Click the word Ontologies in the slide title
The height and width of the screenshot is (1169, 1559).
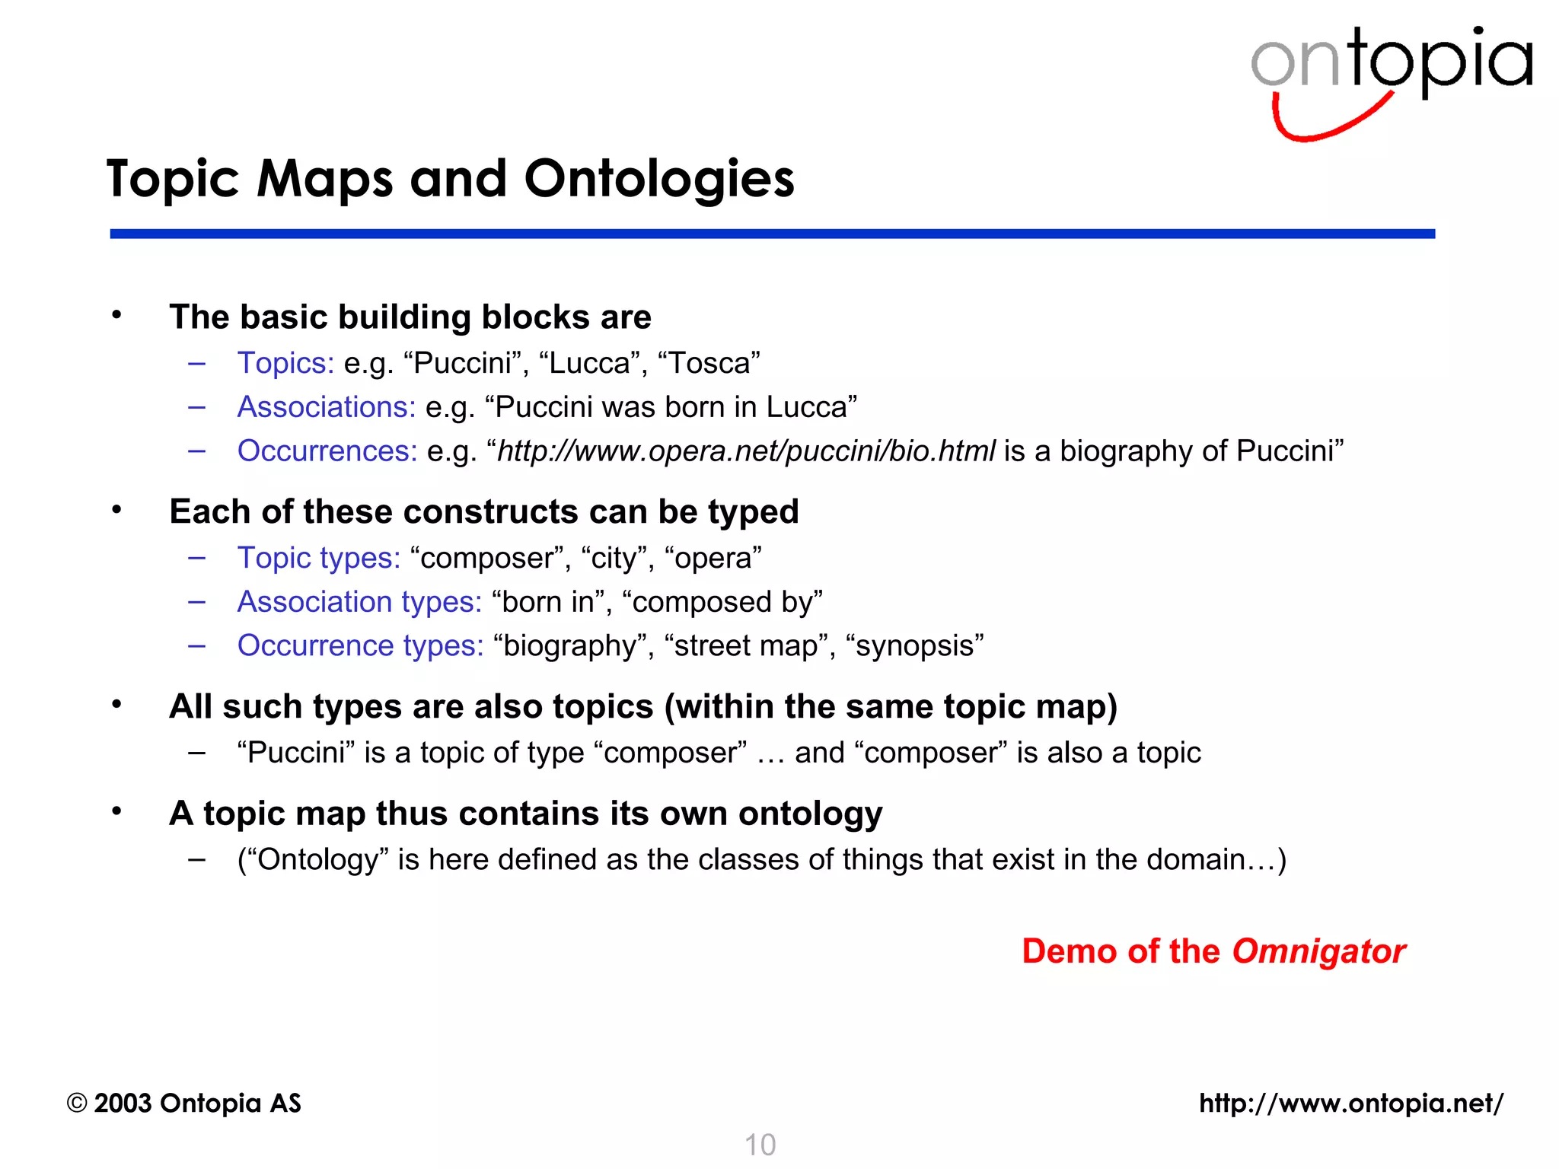click(x=659, y=180)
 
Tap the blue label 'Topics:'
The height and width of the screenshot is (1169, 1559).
click(x=285, y=363)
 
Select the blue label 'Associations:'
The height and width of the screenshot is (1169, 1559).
click(x=327, y=407)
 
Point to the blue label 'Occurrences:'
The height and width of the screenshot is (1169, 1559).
click(x=327, y=451)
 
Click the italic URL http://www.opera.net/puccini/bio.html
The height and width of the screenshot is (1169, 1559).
click(x=746, y=451)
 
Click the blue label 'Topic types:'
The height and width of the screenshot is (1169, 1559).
click(x=319, y=558)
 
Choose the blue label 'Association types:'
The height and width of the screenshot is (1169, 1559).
click(x=359, y=602)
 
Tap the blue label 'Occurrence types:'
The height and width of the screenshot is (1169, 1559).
click(x=360, y=646)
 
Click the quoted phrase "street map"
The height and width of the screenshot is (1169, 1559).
click(x=745, y=646)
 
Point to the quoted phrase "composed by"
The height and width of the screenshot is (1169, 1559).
click(x=722, y=602)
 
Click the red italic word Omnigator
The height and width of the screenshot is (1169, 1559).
click(x=1318, y=951)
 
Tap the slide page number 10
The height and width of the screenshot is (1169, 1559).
click(x=760, y=1145)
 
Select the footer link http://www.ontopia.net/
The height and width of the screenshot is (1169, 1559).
click(x=1351, y=1104)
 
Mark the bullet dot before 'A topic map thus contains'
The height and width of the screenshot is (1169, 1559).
click(x=116, y=811)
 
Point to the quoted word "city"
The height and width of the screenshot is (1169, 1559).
click(x=614, y=558)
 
